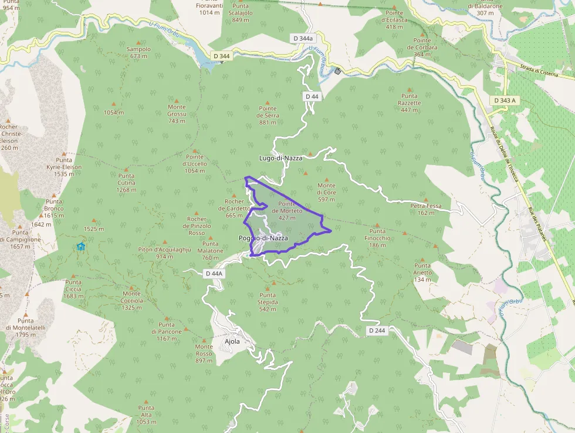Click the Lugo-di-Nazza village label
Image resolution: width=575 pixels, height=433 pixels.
[x=280, y=158]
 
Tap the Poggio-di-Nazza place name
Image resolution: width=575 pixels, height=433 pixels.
[x=263, y=238]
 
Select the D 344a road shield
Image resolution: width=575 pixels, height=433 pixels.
[x=302, y=38]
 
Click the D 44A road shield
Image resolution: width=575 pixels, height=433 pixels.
[x=214, y=274]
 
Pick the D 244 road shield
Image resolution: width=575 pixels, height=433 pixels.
[x=377, y=331]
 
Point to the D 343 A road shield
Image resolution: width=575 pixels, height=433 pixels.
[x=505, y=100]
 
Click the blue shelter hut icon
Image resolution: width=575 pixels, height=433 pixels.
[x=81, y=247]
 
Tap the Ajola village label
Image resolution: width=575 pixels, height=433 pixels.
[x=232, y=341]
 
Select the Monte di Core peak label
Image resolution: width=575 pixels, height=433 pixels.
[x=326, y=192]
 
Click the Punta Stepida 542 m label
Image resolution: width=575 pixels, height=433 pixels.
[x=268, y=305]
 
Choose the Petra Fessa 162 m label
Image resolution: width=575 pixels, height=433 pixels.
[x=426, y=209]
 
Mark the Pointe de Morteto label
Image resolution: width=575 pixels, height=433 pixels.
[x=287, y=210]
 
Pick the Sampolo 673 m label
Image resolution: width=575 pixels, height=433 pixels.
[x=138, y=52]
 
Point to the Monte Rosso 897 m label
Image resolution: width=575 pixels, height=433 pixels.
[x=204, y=354]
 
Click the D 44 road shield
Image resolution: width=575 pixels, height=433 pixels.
[x=312, y=96]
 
